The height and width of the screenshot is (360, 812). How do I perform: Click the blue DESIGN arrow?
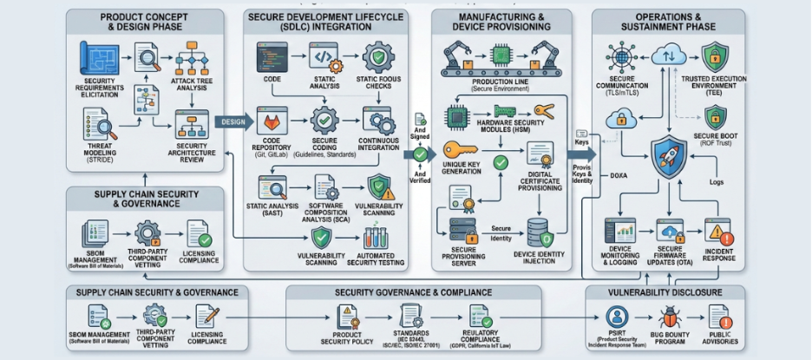(x=232, y=122)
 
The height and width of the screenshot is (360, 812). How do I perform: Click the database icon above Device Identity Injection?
(x=540, y=231)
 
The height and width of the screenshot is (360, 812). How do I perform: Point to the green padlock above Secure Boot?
(x=715, y=117)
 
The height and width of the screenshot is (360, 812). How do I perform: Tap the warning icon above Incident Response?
(x=718, y=232)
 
